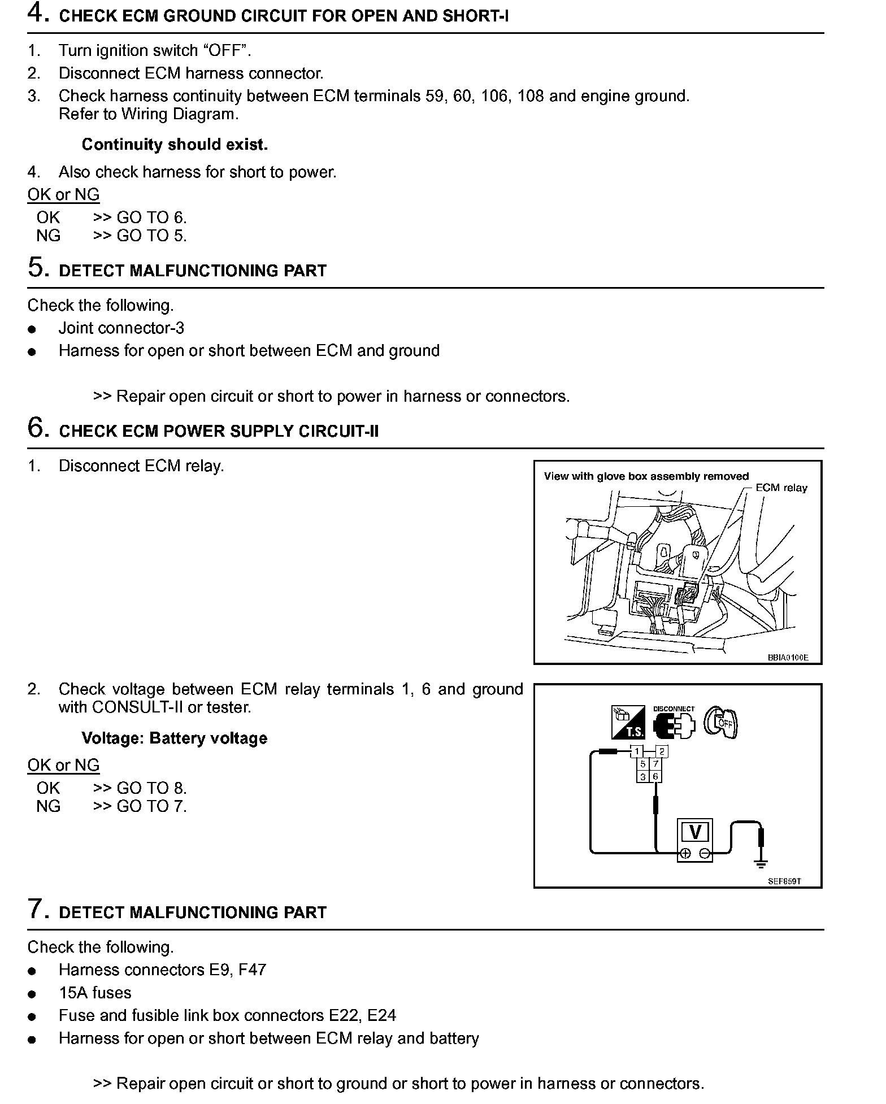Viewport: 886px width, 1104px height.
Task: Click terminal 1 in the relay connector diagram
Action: pyautogui.click(x=637, y=751)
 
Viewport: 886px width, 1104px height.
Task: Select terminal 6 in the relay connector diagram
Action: pyautogui.click(x=655, y=776)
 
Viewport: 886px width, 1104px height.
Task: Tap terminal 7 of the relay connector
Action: pyautogui.click(x=655, y=764)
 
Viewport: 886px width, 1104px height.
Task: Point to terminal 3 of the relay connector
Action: pyautogui.click(x=643, y=776)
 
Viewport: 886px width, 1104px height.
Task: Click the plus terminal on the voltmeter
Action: pyautogui.click(x=686, y=853)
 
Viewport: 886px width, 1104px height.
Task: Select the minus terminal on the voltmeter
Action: pyautogui.click(x=704, y=853)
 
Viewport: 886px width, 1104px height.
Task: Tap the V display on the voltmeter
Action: pyautogui.click(x=695, y=832)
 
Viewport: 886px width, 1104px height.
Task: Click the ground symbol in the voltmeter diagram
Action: pyautogui.click(x=761, y=863)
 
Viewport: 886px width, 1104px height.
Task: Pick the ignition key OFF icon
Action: pyautogui.click(x=721, y=722)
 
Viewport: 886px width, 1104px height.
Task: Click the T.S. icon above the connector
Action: pyautogui.click(x=628, y=722)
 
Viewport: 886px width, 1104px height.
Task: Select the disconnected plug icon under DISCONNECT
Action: pyautogui.click(x=673, y=725)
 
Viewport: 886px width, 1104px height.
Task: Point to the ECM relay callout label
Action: pyautogui.click(x=781, y=488)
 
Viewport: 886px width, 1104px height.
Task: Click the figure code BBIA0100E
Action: pyautogui.click(x=788, y=657)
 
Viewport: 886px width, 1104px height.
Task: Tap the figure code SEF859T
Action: pyautogui.click(x=784, y=881)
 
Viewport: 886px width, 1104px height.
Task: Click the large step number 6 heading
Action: pyautogui.click(x=37, y=428)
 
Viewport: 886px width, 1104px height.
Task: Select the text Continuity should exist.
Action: pyautogui.click(x=175, y=145)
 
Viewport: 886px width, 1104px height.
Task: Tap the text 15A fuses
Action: pyautogui.click(x=95, y=993)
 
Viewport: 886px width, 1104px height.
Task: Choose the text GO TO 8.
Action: pyautogui.click(x=151, y=788)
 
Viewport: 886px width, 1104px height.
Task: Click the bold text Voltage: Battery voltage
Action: pyautogui.click(x=174, y=738)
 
